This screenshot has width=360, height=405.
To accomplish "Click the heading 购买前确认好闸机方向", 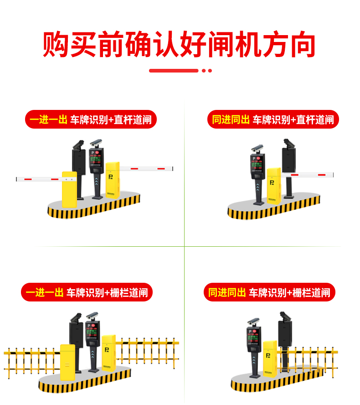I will (180, 44).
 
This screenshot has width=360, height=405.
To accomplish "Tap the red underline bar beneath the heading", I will (174, 71).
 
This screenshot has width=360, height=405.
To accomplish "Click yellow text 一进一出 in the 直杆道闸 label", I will (48, 120).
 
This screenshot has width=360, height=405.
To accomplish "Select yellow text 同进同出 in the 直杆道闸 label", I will (231, 120).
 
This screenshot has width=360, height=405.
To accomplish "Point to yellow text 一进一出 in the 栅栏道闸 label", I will (45, 293).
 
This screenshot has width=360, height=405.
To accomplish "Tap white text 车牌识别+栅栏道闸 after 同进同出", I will (289, 293).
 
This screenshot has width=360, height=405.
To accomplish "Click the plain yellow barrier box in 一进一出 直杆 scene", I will (69, 189).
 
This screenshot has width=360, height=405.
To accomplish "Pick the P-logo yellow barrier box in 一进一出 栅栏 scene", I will (108, 351).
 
